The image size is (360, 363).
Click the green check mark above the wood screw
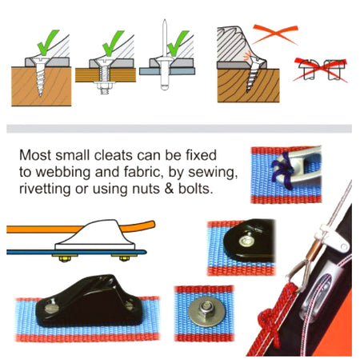(x=47, y=42)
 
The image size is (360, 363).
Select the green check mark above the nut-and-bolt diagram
(x=112, y=43)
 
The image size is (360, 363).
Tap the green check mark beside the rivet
(x=177, y=43)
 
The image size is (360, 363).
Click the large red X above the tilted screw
(x=275, y=34)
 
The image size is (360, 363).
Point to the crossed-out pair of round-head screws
(x=321, y=70)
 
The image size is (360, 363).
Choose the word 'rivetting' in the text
(x=45, y=189)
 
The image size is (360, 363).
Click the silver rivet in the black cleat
(x=246, y=241)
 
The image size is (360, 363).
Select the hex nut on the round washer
(x=206, y=309)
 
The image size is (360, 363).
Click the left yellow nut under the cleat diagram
(x=65, y=258)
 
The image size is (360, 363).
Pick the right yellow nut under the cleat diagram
(x=124, y=258)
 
